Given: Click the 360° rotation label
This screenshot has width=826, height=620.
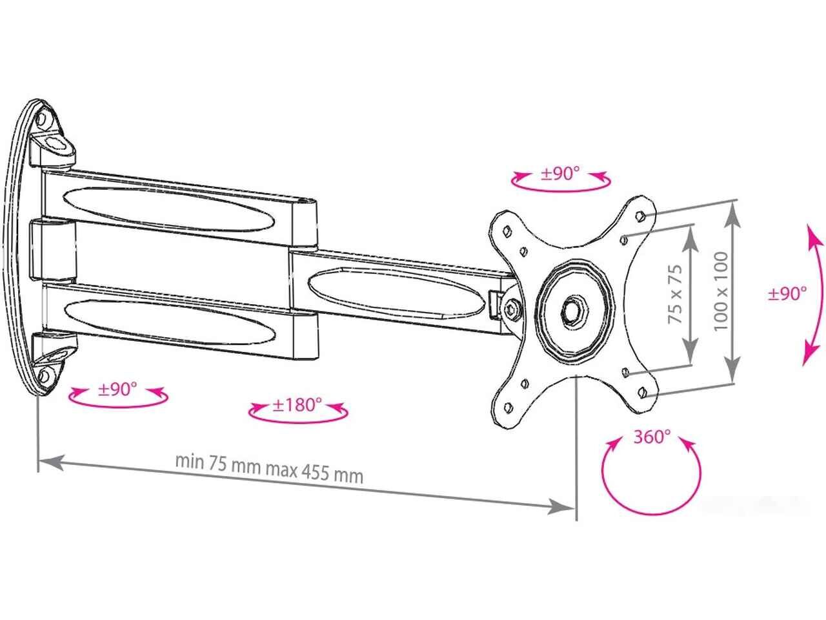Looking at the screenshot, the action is pyautogui.click(x=652, y=437).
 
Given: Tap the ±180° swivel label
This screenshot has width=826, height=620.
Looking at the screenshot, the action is pyautogui.click(x=297, y=405).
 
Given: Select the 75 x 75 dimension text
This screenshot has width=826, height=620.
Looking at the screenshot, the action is pyautogui.click(x=675, y=294).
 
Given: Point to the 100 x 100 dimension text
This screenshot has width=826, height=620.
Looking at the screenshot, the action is pyautogui.click(x=721, y=291).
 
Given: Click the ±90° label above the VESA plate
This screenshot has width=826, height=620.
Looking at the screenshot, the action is pyautogui.click(x=560, y=174).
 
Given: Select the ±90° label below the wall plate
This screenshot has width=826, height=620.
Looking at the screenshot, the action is pyautogui.click(x=117, y=389).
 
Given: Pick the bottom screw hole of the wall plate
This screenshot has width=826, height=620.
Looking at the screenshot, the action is pyautogui.click(x=44, y=375).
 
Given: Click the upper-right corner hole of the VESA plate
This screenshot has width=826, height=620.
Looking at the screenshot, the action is pyautogui.click(x=641, y=215).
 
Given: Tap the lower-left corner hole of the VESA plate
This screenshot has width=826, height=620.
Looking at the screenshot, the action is pyautogui.click(x=509, y=407).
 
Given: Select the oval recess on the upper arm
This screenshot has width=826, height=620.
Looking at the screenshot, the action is pyautogui.click(x=168, y=208).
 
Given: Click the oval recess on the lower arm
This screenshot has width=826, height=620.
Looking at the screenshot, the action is pyautogui.click(x=170, y=321).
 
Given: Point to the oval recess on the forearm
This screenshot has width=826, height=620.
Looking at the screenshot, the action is pyautogui.click(x=396, y=291).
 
